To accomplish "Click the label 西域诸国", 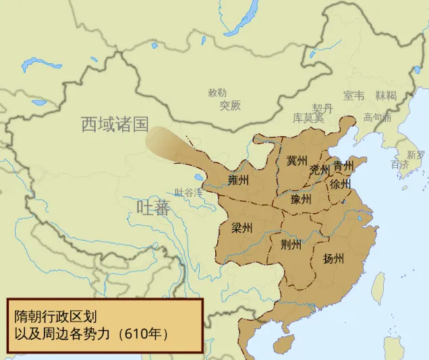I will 114,124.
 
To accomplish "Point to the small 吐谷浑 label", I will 188,192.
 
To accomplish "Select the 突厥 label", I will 229,105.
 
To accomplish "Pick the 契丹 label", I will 322,108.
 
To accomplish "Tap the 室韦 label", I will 353,95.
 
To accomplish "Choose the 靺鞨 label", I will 386,95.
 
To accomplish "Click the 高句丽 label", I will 377,117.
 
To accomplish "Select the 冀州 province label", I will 297,160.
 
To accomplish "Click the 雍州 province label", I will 238,180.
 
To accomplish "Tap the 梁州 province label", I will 241,227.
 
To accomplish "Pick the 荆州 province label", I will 291,245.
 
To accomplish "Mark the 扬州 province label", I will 333,258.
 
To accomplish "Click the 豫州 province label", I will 301,200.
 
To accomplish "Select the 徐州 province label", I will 341,183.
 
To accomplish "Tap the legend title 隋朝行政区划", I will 59,316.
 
